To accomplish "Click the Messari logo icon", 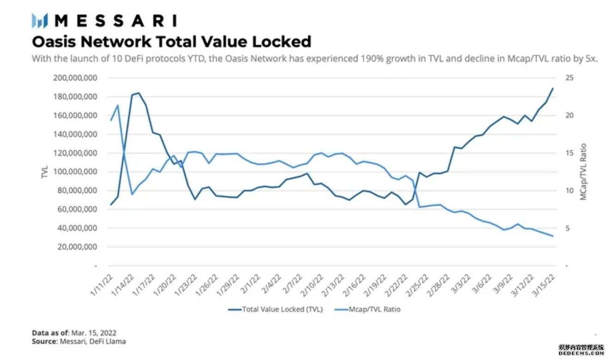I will coord(40,21).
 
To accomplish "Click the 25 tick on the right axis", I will coord(570,78).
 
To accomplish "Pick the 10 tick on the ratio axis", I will coord(570,191).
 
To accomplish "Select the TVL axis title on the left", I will coord(45,172).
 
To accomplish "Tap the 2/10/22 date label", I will coord(313,284).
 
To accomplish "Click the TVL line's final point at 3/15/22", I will coord(553,88).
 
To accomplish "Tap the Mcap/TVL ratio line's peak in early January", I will coord(118,105).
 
